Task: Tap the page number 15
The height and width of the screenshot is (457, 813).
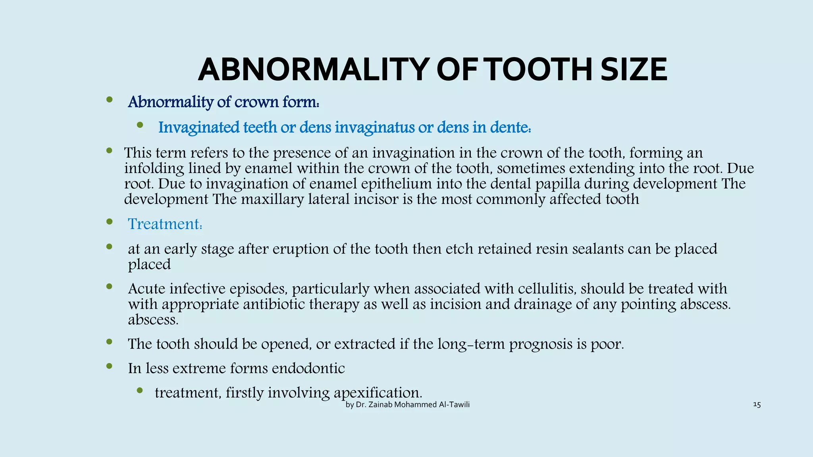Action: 757,405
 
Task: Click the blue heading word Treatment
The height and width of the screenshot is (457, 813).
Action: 164,224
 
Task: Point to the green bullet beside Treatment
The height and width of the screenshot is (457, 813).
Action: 110,222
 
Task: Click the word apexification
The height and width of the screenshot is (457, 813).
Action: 378,393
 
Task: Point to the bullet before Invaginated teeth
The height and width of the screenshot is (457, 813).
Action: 140,125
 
